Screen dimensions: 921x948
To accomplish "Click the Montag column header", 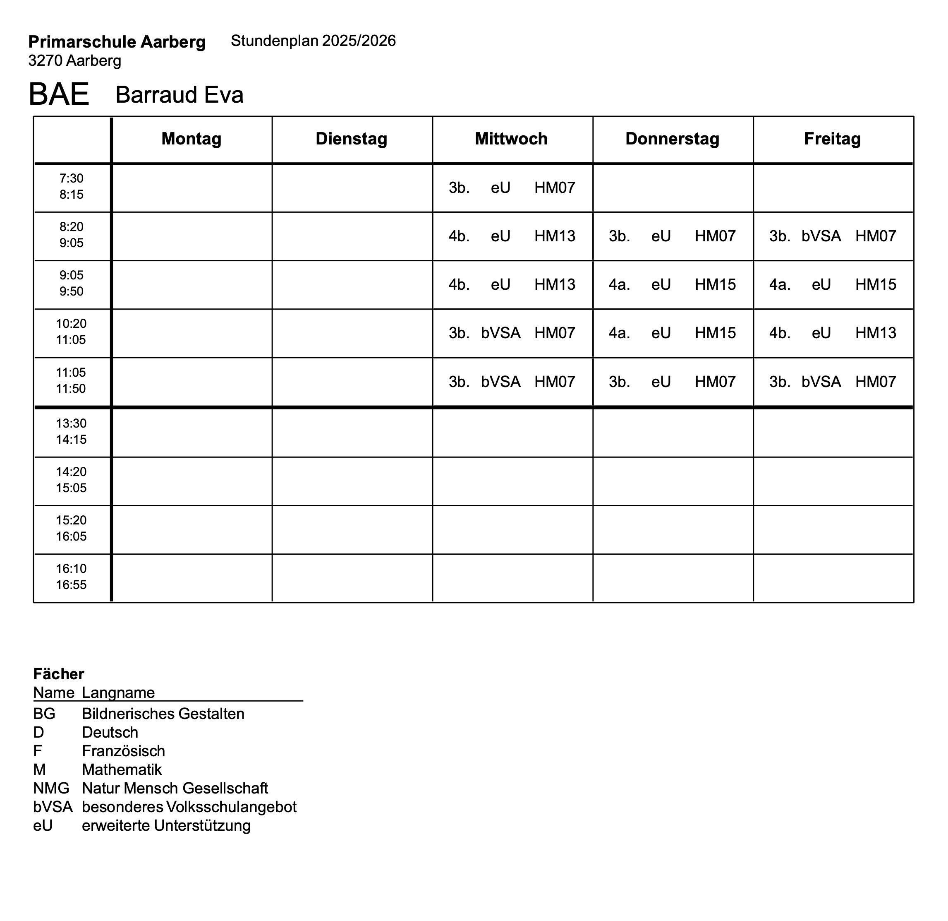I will [x=192, y=139].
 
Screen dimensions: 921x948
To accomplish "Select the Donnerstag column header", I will [x=672, y=139].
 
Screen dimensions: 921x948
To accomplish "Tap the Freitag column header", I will [x=833, y=139].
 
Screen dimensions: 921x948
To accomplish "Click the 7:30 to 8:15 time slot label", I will [x=72, y=186].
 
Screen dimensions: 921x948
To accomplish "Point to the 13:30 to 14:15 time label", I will [x=72, y=431].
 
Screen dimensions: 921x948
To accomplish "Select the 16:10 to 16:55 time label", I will [x=72, y=577].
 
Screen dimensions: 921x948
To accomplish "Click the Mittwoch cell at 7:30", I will [x=512, y=188].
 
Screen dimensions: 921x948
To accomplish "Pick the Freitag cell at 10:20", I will [x=833, y=333].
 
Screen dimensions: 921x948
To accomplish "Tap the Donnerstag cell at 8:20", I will [x=672, y=236].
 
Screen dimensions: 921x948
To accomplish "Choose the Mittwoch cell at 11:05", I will [x=512, y=382].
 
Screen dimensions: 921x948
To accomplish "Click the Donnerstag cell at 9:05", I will [x=672, y=284].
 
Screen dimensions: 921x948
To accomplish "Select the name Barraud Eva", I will [x=180, y=95].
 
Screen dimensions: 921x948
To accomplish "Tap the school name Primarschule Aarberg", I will [x=117, y=42].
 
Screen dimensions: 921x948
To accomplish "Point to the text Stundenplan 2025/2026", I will [x=313, y=41].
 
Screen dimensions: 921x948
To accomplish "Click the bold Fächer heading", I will [x=58, y=674].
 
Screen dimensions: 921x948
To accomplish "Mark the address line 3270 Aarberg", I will [x=75, y=61].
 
